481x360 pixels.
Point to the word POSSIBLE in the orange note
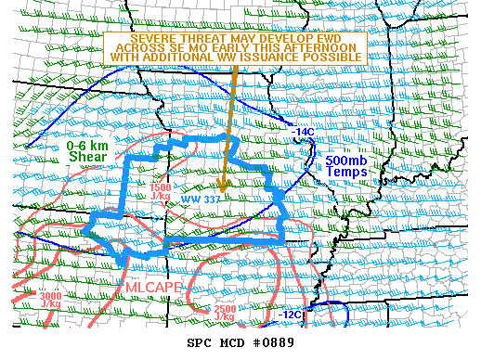pyautogui.click(x=337, y=58)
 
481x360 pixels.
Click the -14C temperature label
pyautogui.click(x=304, y=132)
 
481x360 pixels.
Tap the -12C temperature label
pyautogui.click(x=289, y=315)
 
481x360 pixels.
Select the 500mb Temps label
pyautogui.click(x=346, y=167)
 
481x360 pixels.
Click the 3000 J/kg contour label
pyautogui.click(x=52, y=300)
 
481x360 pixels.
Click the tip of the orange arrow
pyautogui.click(x=223, y=191)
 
